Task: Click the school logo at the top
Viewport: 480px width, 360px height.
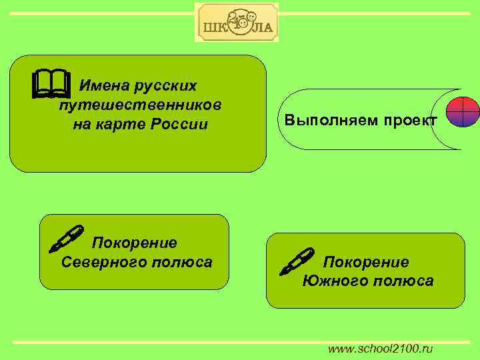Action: tap(237, 23)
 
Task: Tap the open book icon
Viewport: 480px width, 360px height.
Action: tap(50, 84)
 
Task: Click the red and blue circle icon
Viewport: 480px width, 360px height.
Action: tap(462, 111)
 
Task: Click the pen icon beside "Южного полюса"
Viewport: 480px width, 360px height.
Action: tap(296, 261)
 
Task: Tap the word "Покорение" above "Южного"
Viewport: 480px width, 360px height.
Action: tap(365, 261)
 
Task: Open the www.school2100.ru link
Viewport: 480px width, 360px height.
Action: tap(381, 349)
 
